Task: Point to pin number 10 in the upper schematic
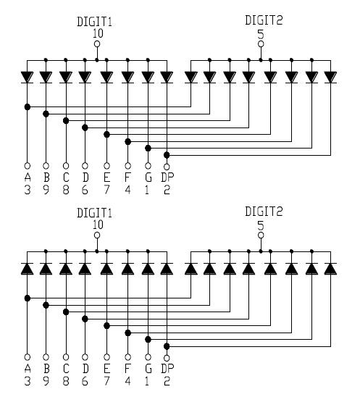click(98, 33)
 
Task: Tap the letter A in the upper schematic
click(27, 177)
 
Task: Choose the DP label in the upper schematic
click(167, 177)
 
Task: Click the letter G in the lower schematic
click(148, 368)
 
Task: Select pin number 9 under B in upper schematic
click(46, 190)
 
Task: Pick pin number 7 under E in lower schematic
click(107, 380)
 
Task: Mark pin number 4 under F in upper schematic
click(128, 190)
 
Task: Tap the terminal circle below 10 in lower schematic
click(98, 235)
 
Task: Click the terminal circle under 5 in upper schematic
click(261, 43)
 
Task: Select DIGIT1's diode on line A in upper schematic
click(27, 76)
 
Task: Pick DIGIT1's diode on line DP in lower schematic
click(167, 268)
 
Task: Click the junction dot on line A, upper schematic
click(27, 106)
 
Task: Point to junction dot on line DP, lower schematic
click(167, 346)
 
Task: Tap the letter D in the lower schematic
click(85, 368)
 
